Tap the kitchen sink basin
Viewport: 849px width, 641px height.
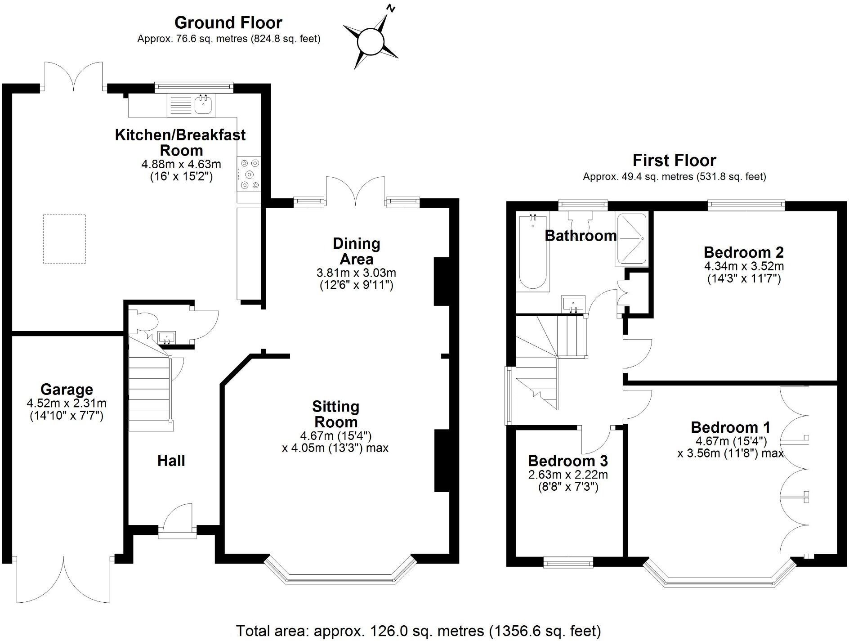(x=204, y=105)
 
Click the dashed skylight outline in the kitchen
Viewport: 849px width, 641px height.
(x=64, y=238)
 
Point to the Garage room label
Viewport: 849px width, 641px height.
(x=67, y=389)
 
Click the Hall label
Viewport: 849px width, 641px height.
(x=171, y=461)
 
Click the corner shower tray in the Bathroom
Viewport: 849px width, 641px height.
(x=631, y=238)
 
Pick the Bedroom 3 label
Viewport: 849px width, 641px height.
(x=567, y=461)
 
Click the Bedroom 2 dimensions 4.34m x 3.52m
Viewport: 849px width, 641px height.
(x=744, y=266)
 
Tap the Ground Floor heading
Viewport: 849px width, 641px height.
(x=228, y=22)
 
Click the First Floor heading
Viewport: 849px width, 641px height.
(x=674, y=160)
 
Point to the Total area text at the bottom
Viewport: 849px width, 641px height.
(x=418, y=631)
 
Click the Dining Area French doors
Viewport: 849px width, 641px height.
(x=355, y=191)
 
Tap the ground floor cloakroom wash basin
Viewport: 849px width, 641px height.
(x=167, y=336)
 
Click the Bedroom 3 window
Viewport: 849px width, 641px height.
(x=568, y=562)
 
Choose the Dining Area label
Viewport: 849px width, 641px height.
(x=356, y=251)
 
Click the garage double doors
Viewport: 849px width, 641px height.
(x=63, y=580)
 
